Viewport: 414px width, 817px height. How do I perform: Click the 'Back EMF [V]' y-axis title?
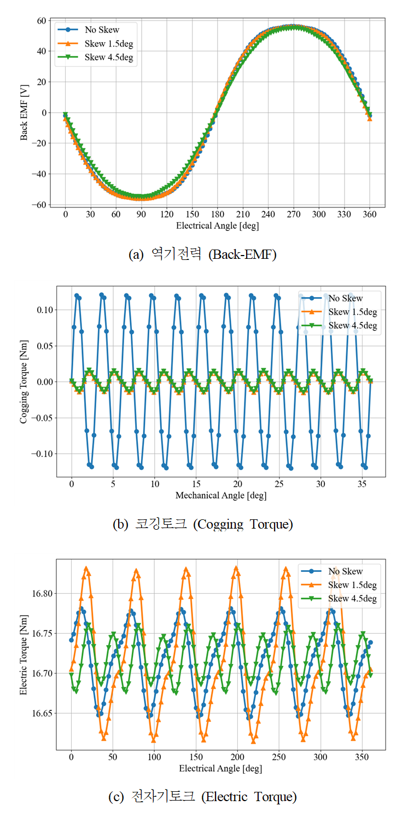(24, 113)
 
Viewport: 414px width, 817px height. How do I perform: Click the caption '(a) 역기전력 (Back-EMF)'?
(202, 254)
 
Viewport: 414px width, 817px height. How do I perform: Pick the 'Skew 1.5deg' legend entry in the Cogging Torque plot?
(352, 312)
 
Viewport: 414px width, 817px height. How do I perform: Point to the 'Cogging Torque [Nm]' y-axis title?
(24, 381)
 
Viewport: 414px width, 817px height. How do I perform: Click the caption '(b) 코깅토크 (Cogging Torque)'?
(202, 524)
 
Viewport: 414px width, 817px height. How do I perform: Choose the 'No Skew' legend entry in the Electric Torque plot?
(345, 571)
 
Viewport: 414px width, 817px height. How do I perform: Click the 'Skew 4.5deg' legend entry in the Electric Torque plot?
(352, 599)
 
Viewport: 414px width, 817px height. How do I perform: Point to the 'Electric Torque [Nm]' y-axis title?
(24, 654)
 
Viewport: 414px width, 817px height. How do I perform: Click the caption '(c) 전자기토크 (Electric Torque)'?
(202, 797)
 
